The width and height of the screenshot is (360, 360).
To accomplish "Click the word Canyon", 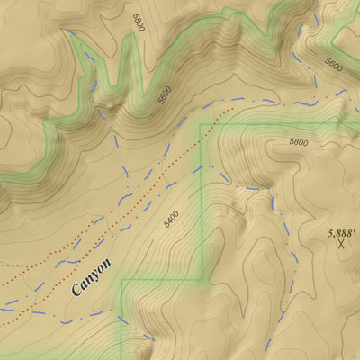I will tap(91, 278).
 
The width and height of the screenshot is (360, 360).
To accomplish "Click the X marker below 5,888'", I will tap(342, 243).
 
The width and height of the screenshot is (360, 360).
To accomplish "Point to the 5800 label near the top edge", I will tap(137, 22).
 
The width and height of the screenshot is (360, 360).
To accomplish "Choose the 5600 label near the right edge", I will tap(334, 65).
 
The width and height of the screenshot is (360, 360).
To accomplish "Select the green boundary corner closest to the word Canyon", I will tap(121, 280).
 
